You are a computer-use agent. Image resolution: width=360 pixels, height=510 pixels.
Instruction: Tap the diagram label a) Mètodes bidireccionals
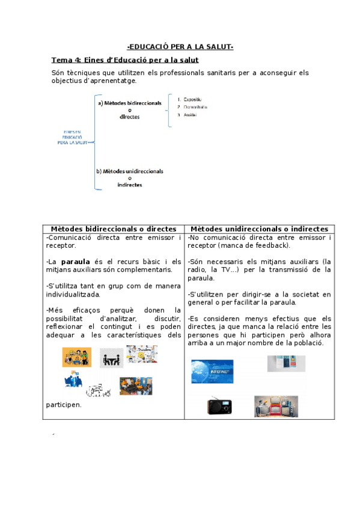pyautogui.click(x=129, y=103)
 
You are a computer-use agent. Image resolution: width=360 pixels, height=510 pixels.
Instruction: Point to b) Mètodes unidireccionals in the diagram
pyautogui.click(x=129, y=171)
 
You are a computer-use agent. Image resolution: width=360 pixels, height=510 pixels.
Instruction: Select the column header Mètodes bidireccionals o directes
pyautogui.click(x=114, y=229)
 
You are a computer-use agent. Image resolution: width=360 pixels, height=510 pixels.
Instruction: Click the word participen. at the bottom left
pyautogui.click(x=63, y=405)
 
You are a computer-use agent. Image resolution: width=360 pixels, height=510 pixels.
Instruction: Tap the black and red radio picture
pyautogui.click(x=220, y=406)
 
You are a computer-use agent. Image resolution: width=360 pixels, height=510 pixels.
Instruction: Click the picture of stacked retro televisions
pyautogui.click(x=276, y=407)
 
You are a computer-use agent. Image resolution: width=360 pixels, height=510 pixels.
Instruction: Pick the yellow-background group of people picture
pyautogui.click(x=76, y=357)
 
